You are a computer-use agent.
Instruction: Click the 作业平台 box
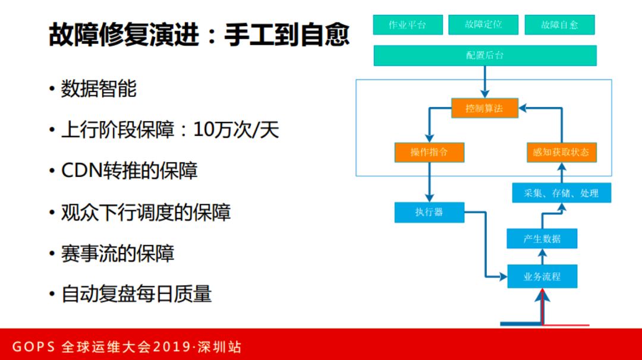pyautogui.click(x=408, y=25)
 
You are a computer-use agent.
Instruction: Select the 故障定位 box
pyautogui.click(x=483, y=25)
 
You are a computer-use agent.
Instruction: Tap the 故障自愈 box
pyautogui.click(x=559, y=25)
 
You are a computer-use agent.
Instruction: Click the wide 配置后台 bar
pyautogui.click(x=484, y=55)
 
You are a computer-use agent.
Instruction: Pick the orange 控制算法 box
pyautogui.click(x=484, y=108)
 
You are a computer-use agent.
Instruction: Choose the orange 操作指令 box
pyautogui.click(x=429, y=152)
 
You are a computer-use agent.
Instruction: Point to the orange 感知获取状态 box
pyautogui.click(x=561, y=152)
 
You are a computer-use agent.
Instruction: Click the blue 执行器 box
pyautogui.click(x=429, y=212)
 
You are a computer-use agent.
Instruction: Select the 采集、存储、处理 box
pyautogui.click(x=561, y=193)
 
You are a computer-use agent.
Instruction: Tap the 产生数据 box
pyautogui.click(x=542, y=239)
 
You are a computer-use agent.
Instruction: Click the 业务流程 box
pyautogui.click(x=542, y=276)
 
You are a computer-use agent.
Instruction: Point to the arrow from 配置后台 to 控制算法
pyautogui.click(x=485, y=82)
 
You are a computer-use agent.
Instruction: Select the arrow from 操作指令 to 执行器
pyautogui.click(x=429, y=182)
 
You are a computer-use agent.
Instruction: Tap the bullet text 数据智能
pyautogui.click(x=99, y=89)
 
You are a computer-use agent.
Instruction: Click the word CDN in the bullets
pyautogui.click(x=80, y=171)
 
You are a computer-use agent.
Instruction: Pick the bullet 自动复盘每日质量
pyautogui.click(x=136, y=294)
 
